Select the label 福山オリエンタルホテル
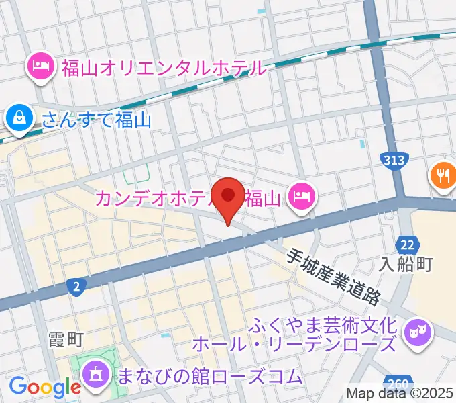(x=164, y=68)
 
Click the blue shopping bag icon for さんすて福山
(x=21, y=119)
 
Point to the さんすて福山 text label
(x=97, y=120)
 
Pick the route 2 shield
(x=77, y=287)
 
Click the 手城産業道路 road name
(x=333, y=277)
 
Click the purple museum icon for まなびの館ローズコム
(x=96, y=374)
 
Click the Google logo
(x=45, y=387)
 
